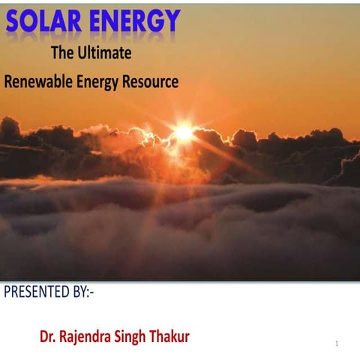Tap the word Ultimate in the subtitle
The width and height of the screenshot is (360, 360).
[x=105, y=54]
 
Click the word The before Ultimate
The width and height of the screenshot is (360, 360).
[x=62, y=54]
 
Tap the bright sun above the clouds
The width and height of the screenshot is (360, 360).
[x=184, y=133]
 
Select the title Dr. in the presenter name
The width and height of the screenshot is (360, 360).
[x=48, y=337]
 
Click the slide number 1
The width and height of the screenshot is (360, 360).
[x=337, y=343]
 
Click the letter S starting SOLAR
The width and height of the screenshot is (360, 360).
[x=15, y=22]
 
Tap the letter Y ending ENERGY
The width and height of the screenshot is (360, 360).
[x=172, y=22]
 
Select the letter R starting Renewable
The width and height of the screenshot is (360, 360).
[x=8, y=81]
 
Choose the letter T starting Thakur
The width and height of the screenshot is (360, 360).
[x=157, y=337]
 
